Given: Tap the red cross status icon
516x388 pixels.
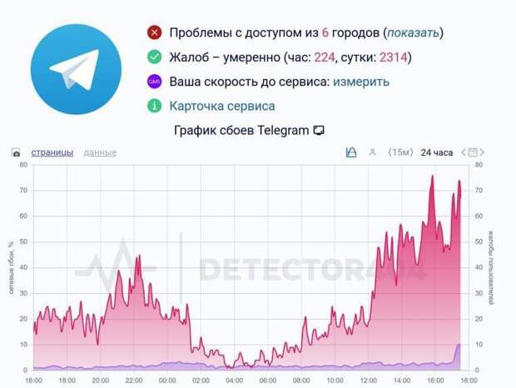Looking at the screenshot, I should (154, 33).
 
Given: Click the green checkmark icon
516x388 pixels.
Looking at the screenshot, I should (154, 57).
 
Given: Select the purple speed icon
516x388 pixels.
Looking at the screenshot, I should (154, 82).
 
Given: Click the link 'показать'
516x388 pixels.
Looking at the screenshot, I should (411, 33).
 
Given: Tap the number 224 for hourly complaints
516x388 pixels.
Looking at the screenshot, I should (324, 57).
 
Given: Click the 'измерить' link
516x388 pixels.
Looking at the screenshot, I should (362, 82).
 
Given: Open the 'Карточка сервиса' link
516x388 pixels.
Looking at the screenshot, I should (221, 106).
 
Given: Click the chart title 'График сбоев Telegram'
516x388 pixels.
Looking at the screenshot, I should (242, 131).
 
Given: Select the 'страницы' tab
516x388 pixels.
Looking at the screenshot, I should (52, 152).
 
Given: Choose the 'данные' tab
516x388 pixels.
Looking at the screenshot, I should (100, 152).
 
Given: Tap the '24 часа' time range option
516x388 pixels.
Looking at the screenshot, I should (437, 152).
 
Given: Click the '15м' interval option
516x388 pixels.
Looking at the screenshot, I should (401, 152).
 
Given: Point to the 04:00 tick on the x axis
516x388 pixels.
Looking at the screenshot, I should (235, 380).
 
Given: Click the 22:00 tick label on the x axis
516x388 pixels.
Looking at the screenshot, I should (134, 380).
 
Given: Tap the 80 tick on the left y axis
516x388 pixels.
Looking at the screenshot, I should (23, 165).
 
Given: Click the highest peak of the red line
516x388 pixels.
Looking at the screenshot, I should (432, 176).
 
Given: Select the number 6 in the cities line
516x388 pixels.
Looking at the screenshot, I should (325, 33).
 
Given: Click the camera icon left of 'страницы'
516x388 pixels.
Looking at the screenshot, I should (16, 153).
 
